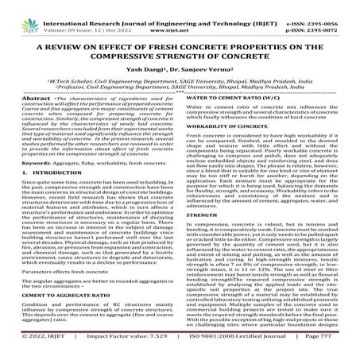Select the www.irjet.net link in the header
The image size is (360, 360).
(x=182, y=14)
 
